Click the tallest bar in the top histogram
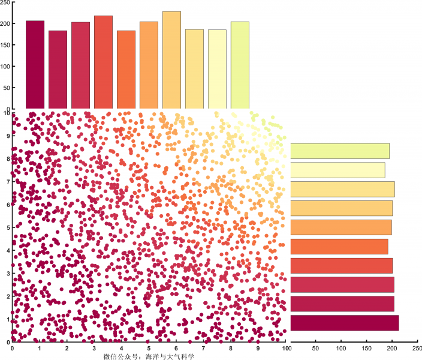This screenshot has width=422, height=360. pyautogui.click(x=171, y=60)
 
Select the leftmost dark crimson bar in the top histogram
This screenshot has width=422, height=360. pyautogui.click(x=35, y=65)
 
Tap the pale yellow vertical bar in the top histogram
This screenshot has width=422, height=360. pyautogui.click(x=217, y=69)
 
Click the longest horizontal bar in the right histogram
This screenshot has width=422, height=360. pyautogui.click(x=345, y=323)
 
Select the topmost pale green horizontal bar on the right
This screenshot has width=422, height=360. pyautogui.click(x=340, y=151)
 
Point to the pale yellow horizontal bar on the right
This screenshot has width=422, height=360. pyautogui.click(x=337, y=170)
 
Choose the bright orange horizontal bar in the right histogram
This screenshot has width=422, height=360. pyautogui.click(x=339, y=246)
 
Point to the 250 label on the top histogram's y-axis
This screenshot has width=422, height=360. pyautogui.click(x=5, y=3)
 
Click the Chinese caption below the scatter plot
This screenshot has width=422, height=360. pyautogui.click(x=149, y=356)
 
